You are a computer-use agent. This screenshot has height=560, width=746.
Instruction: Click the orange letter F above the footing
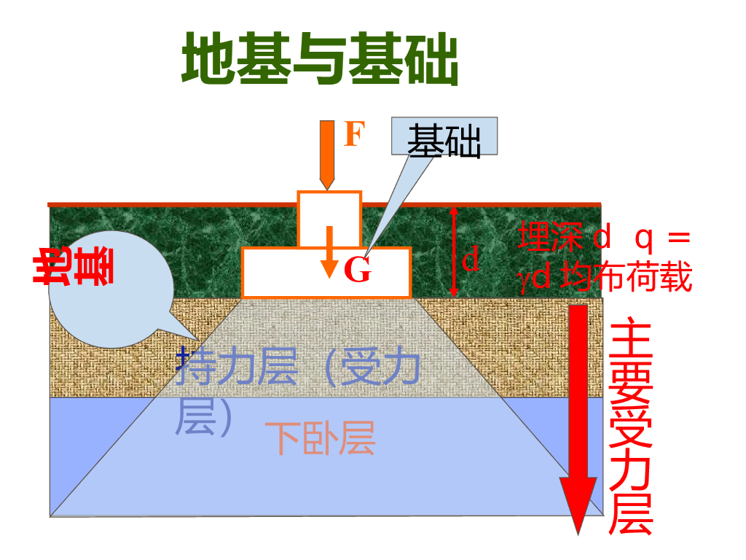[353, 135]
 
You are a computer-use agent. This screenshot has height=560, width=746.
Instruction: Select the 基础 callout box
[444, 136]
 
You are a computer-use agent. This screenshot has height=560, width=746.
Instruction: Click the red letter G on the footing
[358, 271]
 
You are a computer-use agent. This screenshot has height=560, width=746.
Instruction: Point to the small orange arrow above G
[330, 252]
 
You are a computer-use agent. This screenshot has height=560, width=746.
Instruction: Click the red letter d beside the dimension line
[472, 259]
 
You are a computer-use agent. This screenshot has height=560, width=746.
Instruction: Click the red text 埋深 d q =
[603, 238]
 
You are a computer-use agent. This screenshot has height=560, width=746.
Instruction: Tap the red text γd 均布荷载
[605, 278]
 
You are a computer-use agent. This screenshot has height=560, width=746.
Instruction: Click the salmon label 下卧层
[320, 438]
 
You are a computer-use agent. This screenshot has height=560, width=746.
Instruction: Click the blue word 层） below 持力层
[204, 418]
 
